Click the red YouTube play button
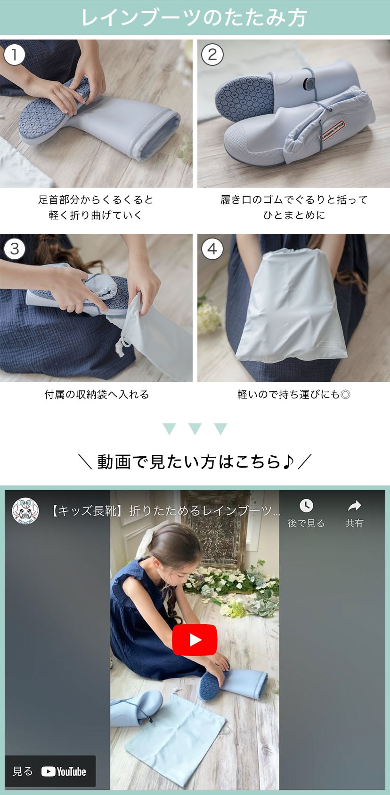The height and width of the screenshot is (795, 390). tap(195, 640)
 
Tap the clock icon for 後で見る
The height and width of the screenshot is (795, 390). tap(306, 506)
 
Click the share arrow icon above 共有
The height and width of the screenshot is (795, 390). tap(354, 506)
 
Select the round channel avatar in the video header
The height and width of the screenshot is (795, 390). tap(25, 511)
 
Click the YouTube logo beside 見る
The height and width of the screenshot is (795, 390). tap(64, 771)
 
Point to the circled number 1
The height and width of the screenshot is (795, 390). tap(14, 55)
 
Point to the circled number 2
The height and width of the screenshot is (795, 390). tap(212, 55)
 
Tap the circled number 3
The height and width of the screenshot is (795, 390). tap(14, 249)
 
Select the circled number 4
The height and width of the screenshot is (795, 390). tap(212, 249)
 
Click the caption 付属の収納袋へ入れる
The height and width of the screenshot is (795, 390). tap(97, 394)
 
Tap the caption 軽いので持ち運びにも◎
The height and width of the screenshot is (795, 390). tap(294, 394)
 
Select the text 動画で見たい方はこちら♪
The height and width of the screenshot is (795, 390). tap(195, 461)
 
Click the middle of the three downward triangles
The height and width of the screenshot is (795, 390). tap(195, 429)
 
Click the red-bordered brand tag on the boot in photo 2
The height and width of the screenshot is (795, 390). tap(333, 131)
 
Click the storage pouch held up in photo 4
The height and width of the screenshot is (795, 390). tap(292, 305)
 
